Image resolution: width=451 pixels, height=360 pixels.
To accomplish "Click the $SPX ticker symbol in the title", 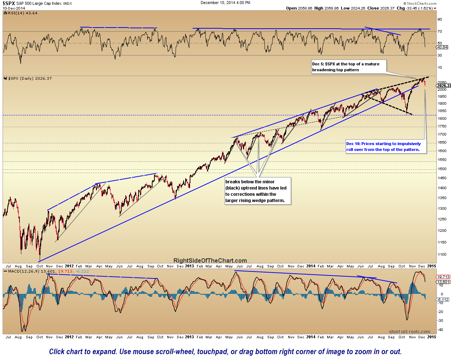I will (10, 3).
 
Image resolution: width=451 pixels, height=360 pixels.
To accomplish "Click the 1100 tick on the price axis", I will (441, 255).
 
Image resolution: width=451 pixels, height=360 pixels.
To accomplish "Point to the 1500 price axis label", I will (441, 169).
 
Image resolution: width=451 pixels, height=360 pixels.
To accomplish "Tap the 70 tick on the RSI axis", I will (439, 32).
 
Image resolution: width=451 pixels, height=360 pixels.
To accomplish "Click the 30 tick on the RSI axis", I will (439, 55).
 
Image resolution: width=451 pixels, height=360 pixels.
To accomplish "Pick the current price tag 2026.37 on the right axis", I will (443, 86).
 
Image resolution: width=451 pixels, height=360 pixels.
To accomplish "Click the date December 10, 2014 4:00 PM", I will (225, 3).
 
